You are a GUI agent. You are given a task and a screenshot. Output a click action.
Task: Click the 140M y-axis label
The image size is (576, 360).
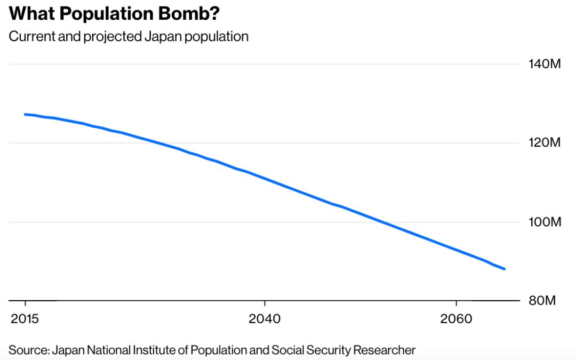click(545, 65)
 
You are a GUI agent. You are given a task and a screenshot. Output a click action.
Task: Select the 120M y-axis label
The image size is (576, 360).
click(545, 143)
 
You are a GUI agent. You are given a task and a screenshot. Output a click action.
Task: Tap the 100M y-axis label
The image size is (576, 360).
click(545, 222)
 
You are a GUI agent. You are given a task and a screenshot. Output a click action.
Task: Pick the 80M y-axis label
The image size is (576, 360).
click(543, 300)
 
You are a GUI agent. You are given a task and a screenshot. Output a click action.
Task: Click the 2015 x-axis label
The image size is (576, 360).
click(25, 319)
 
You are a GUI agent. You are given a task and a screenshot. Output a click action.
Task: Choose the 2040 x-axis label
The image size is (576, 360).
click(264, 319)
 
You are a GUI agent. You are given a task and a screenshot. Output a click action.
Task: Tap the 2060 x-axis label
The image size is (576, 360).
click(455, 319)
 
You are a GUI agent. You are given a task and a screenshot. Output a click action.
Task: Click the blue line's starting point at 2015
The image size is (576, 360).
click(25, 114)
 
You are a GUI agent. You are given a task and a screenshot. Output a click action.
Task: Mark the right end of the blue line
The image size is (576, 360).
click(504, 269)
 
